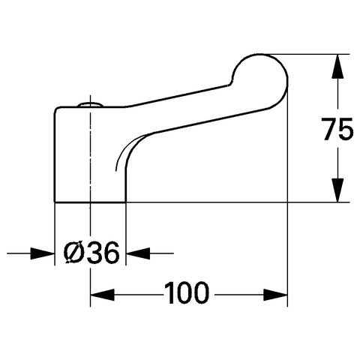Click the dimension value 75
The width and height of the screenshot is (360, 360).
337,129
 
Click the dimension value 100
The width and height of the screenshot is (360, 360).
187,292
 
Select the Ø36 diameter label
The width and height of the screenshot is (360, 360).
91,253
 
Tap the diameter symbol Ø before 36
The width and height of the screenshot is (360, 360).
73,253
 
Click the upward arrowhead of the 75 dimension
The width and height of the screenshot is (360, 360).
337,66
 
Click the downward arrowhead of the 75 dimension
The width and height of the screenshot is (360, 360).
337,190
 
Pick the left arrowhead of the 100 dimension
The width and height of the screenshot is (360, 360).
103,295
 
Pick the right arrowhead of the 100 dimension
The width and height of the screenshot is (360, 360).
275,295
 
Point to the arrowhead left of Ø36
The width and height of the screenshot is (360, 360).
43,253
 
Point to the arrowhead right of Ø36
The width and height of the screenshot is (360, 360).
137,253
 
